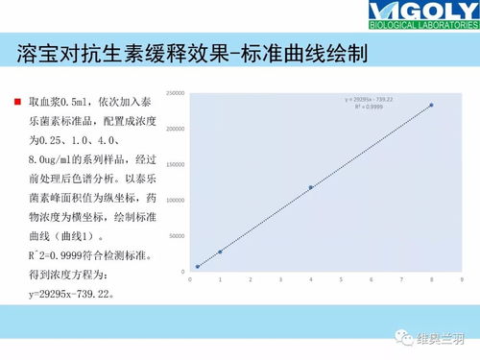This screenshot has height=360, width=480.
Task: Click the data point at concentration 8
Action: point(431,105)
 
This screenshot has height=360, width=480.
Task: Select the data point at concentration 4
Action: point(311,187)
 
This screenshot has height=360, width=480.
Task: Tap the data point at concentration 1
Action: point(220,252)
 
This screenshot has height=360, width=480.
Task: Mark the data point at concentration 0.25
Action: point(198,267)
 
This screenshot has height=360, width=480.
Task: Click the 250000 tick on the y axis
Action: point(175,93)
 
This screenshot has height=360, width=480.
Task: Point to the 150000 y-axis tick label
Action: point(175,164)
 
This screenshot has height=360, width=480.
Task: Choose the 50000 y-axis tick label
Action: point(177,235)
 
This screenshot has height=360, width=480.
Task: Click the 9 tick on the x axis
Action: point(462,279)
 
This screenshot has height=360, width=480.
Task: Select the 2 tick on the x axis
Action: point(251,279)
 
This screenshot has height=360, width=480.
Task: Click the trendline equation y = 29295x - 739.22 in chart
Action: point(369,99)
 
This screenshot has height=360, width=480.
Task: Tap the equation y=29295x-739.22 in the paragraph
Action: point(72,294)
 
